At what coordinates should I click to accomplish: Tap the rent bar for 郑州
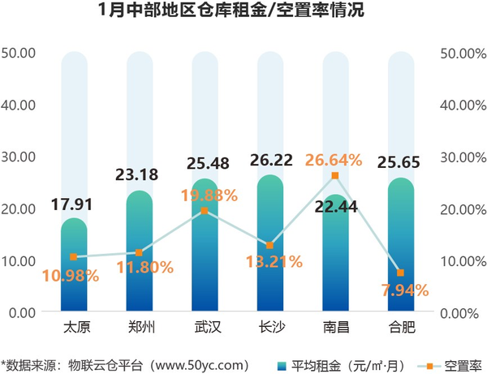click(140, 251)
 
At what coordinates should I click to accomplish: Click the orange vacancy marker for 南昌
click(335, 175)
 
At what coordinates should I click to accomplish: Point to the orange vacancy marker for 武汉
click(205, 210)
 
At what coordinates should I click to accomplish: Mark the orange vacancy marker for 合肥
click(401, 273)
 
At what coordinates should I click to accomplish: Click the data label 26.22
click(270, 162)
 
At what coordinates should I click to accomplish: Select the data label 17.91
click(74, 204)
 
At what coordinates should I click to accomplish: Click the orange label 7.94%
click(401, 290)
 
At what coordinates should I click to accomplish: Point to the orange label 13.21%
click(270, 262)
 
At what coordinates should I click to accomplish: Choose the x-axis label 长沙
click(270, 329)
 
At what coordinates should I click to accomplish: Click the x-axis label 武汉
click(205, 329)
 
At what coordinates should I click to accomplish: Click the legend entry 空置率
click(463, 363)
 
